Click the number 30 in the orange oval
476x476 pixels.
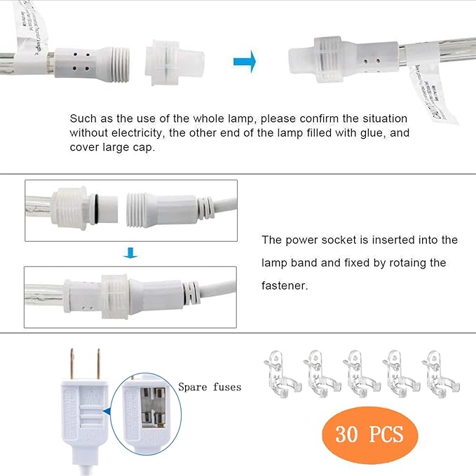click(348, 435)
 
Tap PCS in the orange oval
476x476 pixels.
click(386, 435)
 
